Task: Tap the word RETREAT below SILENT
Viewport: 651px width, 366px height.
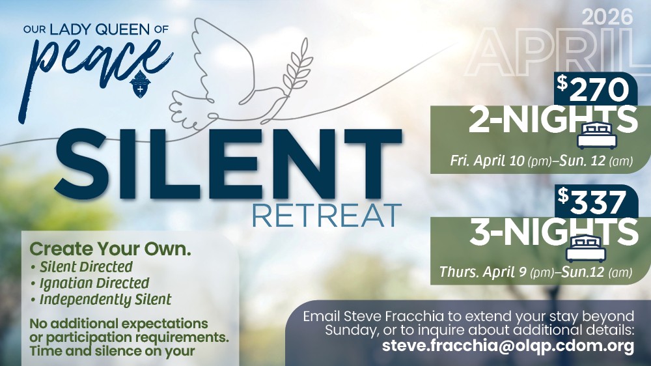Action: point(326,215)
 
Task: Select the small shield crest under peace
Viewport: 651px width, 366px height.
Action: point(140,87)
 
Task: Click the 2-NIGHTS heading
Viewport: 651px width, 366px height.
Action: point(552,120)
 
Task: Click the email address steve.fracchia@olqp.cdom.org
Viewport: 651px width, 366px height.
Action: point(508,346)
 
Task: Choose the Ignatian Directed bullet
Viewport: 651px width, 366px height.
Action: point(94,283)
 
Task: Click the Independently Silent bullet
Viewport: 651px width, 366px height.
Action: point(105,300)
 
